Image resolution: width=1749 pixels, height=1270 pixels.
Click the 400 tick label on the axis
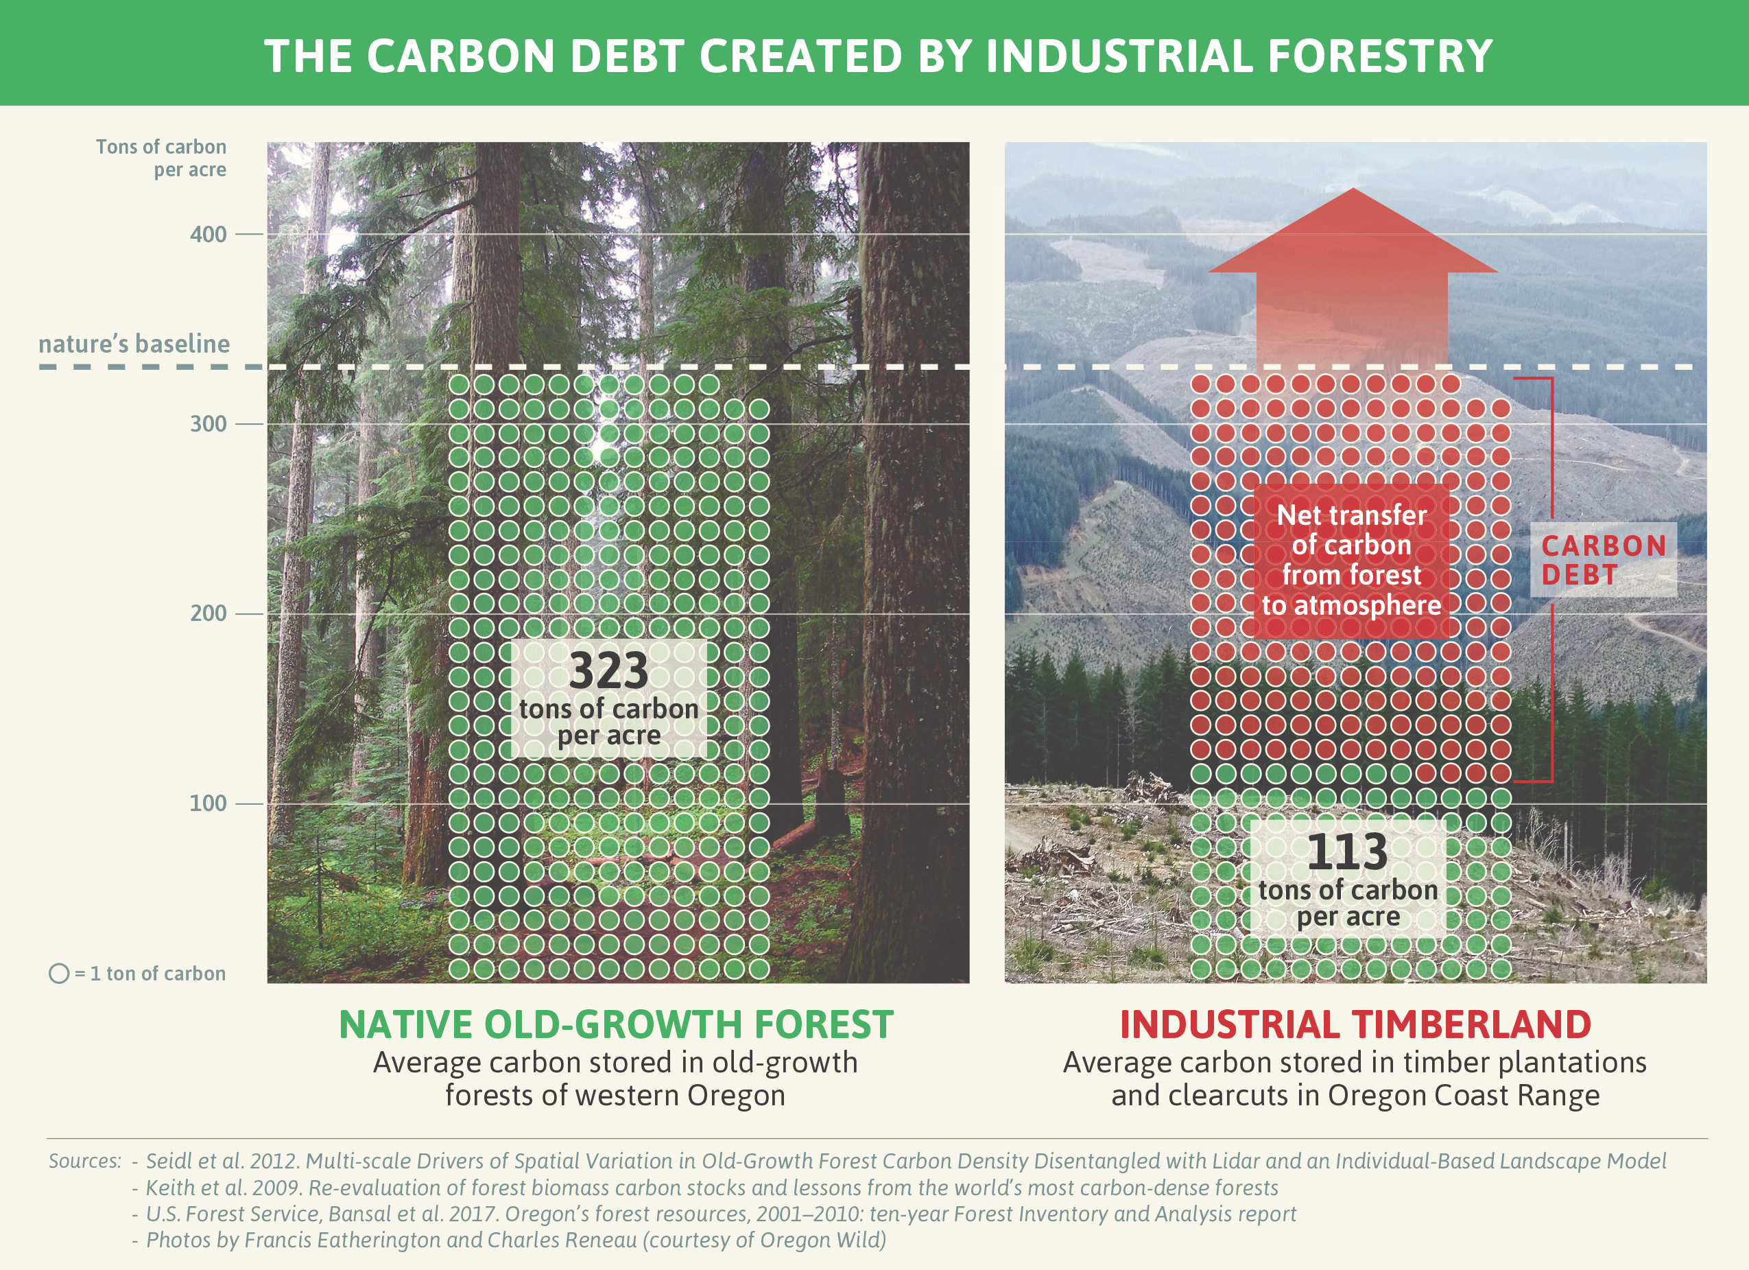pos(209,234)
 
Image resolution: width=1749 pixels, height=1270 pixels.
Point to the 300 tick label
pos(209,423)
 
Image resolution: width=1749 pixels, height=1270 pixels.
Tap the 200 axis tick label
pos(209,613)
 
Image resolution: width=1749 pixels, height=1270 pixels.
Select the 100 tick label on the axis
pos(209,803)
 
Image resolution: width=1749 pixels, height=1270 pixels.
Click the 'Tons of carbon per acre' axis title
pos(161,158)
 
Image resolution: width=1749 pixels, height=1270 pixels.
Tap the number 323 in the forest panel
pos(608,670)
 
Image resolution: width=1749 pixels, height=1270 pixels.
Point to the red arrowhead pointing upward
pos(1353,231)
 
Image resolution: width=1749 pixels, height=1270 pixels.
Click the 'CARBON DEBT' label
pos(1604,560)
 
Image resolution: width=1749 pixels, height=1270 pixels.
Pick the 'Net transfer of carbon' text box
pos(1351,560)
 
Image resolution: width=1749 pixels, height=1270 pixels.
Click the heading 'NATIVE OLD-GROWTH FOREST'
pos(616,1024)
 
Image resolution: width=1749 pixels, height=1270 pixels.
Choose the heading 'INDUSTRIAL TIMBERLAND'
pos(1355,1024)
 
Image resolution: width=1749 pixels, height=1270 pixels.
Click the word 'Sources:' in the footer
pos(85,1161)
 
